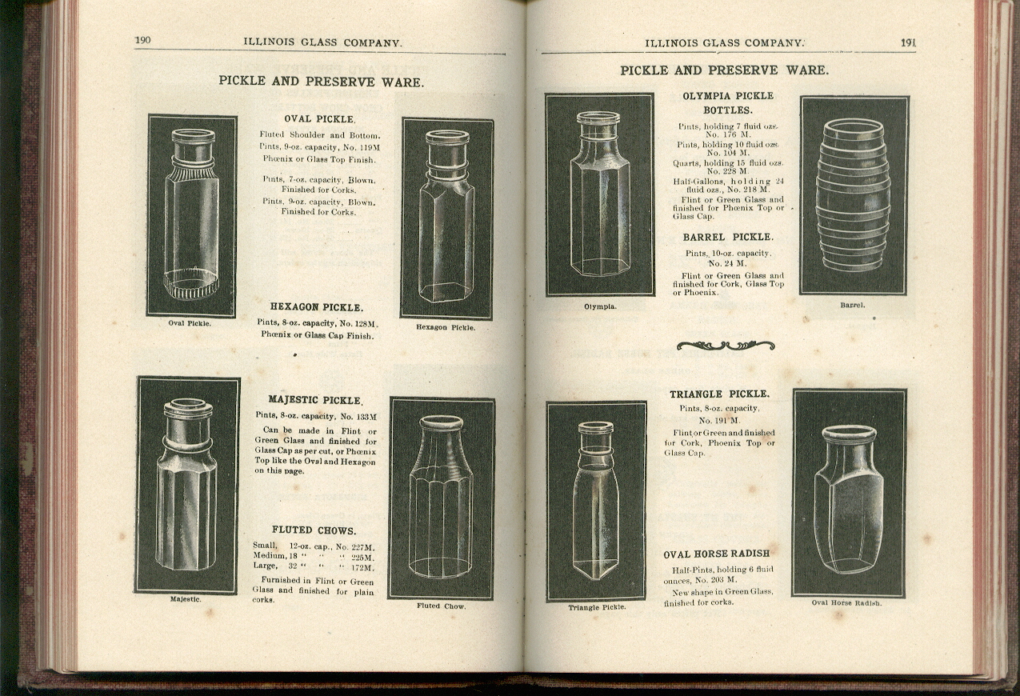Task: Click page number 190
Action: [x=144, y=42]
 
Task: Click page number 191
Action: [x=908, y=42]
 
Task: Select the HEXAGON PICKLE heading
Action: [x=316, y=307]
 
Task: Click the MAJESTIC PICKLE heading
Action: [x=315, y=399]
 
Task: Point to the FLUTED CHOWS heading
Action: [x=314, y=530]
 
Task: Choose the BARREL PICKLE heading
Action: [x=727, y=238]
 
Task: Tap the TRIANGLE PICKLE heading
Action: [x=719, y=394]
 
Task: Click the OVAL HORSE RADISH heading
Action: [x=716, y=554]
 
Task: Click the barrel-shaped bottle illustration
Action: [x=853, y=196]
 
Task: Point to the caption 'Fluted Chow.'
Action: [x=441, y=606]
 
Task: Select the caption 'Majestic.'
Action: [x=186, y=599]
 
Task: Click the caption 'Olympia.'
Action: [x=599, y=306]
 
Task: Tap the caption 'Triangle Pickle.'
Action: [x=597, y=608]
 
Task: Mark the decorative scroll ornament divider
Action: [x=725, y=346]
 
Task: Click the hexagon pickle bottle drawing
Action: [x=446, y=218]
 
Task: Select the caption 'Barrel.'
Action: [x=852, y=305]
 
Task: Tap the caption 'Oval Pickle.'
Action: [x=190, y=324]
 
